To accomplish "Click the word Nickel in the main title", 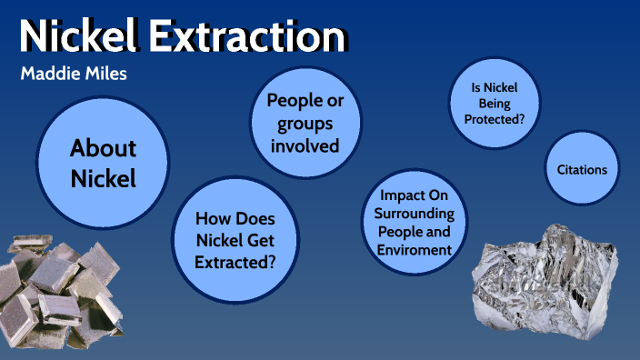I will [x=72, y=35].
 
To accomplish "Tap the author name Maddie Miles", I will [x=73, y=74].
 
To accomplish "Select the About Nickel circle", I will [x=103, y=163].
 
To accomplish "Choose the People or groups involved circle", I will [x=305, y=123].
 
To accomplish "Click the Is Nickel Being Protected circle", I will [x=494, y=104].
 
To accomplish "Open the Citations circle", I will [x=581, y=170].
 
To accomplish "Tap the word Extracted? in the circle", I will [x=235, y=262].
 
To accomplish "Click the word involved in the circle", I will [x=305, y=145].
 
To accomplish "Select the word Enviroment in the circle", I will [x=413, y=248].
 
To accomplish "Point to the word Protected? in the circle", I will [x=495, y=118].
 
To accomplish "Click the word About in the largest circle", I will [x=103, y=148].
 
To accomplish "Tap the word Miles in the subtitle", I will [x=105, y=74].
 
